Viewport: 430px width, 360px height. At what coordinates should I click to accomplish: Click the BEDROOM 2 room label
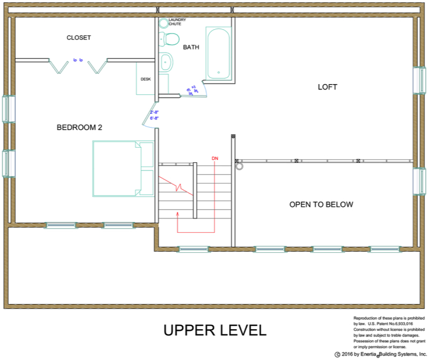[x=79, y=128]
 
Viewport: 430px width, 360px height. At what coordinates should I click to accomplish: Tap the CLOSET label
[x=79, y=38]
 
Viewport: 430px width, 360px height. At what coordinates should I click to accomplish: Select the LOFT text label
[x=327, y=87]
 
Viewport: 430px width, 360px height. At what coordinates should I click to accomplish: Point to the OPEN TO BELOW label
[x=321, y=204]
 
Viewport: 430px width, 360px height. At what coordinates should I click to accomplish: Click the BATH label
[x=191, y=47]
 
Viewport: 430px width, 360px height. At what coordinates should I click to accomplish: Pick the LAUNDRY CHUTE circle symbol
[x=163, y=23]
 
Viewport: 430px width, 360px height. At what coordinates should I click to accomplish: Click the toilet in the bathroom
[x=170, y=39]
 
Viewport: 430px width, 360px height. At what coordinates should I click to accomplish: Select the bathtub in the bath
[x=218, y=54]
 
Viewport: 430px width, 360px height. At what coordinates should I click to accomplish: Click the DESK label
[x=145, y=79]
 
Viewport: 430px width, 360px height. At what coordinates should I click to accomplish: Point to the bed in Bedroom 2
[x=123, y=169]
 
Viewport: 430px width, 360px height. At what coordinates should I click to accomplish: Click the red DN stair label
[x=214, y=158]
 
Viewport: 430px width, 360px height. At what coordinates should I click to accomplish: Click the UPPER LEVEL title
[x=214, y=330]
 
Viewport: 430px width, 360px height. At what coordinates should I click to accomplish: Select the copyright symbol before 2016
[x=337, y=355]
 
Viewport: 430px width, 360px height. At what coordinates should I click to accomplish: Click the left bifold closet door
[x=56, y=66]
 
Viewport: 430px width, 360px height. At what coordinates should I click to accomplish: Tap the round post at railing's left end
[x=239, y=167]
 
